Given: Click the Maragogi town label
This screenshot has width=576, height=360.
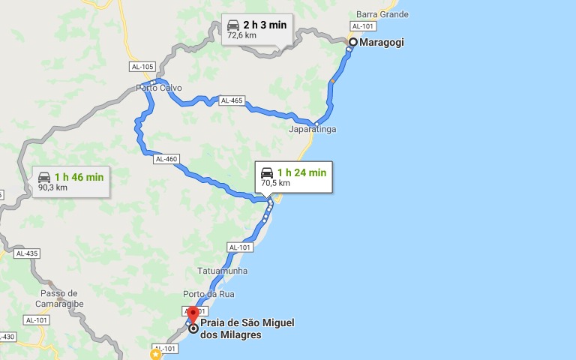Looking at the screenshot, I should point(382,43).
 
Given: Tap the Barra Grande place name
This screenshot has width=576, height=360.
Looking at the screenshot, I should point(382,14).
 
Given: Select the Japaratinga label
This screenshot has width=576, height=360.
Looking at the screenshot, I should point(313,130).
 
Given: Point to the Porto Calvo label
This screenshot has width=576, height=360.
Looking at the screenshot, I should point(159,88).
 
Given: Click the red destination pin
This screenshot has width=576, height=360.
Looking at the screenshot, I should point(193,314).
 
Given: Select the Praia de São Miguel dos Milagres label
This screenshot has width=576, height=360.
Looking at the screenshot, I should point(247,328).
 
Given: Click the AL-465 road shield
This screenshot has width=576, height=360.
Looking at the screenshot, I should point(232,100).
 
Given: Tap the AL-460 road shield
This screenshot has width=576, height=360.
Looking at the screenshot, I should point(166,159).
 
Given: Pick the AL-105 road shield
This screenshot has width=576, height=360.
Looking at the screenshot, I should point(142,67).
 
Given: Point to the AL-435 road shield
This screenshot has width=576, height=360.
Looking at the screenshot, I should point(26,253).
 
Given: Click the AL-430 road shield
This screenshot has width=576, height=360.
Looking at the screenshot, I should point(5,337).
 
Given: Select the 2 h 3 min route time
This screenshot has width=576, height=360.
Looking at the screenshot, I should point(265,25).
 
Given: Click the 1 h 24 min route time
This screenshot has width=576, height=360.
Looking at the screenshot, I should point(301,172).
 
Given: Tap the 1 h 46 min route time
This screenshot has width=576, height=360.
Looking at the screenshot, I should point(79,177).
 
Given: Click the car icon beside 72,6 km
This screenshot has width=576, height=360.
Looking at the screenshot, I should point(234,28).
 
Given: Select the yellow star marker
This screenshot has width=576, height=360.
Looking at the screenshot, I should point(155,353).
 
